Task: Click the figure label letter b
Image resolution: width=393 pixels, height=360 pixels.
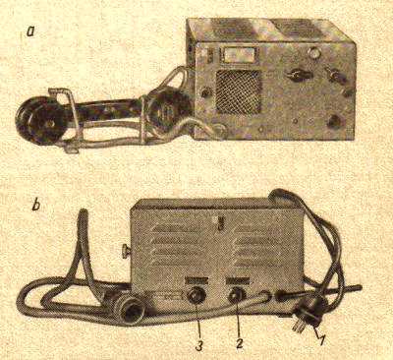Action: (36, 207)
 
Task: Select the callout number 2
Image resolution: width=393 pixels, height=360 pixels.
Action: (238, 341)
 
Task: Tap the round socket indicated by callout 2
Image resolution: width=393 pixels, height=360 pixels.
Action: (237, 293)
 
